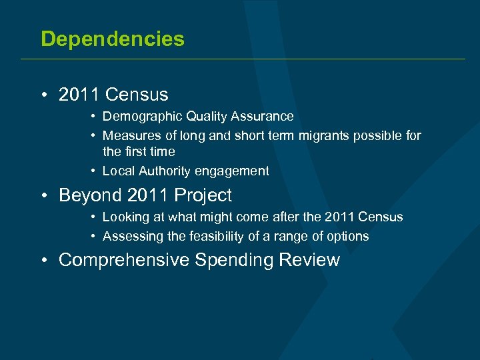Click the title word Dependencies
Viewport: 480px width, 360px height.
[x=113, y=39]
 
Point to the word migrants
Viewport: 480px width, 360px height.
[x=310, y=136]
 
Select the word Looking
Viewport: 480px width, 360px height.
[x=126, y=217]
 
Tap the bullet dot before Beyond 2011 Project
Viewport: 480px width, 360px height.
[x=43, y=196]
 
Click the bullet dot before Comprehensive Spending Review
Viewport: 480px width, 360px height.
[x=43, y=261]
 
